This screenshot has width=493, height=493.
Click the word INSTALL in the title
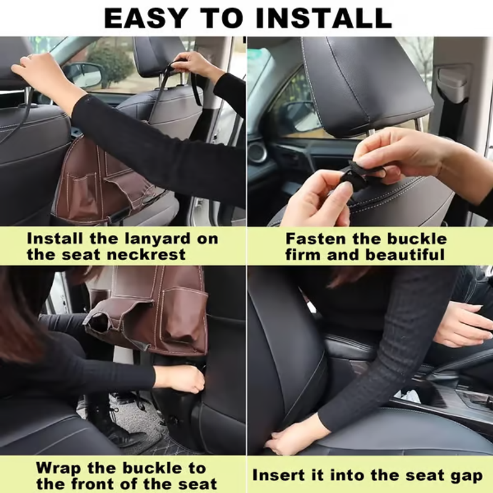[x=324, y=18]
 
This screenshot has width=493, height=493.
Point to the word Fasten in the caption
[x=317, y=239]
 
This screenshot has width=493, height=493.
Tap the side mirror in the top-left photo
[x=83, y=74]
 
